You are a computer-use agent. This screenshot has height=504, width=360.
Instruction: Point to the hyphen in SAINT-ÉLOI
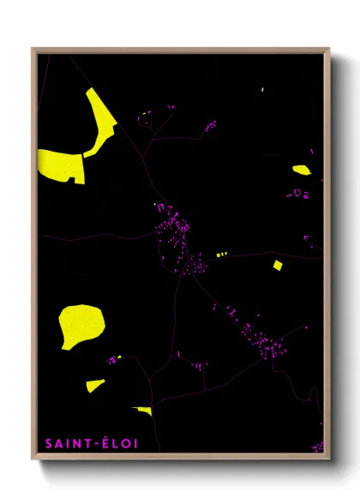[95, 444]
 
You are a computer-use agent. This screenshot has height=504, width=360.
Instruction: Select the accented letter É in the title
[104, 443]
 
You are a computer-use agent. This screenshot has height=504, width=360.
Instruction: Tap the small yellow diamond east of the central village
[277, 264]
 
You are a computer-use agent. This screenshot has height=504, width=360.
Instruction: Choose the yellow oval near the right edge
[301, 170]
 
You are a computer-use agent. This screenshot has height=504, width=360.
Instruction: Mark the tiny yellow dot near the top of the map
[262, 89]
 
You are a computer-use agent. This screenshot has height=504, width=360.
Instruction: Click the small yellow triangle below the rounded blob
[95, 385]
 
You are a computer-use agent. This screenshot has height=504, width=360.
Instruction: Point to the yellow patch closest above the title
[143, 411]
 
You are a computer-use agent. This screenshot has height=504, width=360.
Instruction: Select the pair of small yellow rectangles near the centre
[222, 255]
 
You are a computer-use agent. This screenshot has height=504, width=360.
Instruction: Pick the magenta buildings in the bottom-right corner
[318, 446]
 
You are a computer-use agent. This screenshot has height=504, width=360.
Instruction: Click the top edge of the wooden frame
[180, 50]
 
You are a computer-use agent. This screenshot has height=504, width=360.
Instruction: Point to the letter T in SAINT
[87, 444]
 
